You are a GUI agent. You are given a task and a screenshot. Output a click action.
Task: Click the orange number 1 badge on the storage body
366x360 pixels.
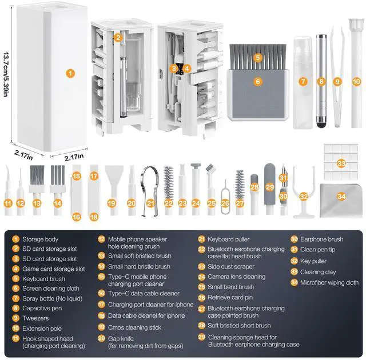(x=70, y=73)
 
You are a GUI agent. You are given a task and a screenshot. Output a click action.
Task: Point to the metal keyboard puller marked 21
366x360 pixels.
(x=150, y=183)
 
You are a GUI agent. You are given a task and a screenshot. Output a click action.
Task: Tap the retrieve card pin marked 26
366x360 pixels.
(x=225, y=189)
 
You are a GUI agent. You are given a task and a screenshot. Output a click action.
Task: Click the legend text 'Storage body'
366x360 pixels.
(x=41, y=239)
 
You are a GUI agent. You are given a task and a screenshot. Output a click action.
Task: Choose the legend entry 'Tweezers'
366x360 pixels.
(x=36, y=318)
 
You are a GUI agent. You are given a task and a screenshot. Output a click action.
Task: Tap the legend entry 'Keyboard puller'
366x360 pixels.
(x=232, y=239)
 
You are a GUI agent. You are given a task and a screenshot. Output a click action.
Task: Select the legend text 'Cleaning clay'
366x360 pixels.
(x=318, y=272)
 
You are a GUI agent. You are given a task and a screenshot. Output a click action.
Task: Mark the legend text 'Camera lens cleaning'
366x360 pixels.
(x=237, y=277)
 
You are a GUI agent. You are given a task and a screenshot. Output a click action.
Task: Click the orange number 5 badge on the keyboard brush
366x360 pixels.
(x=258, y=57)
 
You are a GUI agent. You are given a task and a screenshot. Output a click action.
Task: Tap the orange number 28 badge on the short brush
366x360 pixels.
(x=255, y=187)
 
